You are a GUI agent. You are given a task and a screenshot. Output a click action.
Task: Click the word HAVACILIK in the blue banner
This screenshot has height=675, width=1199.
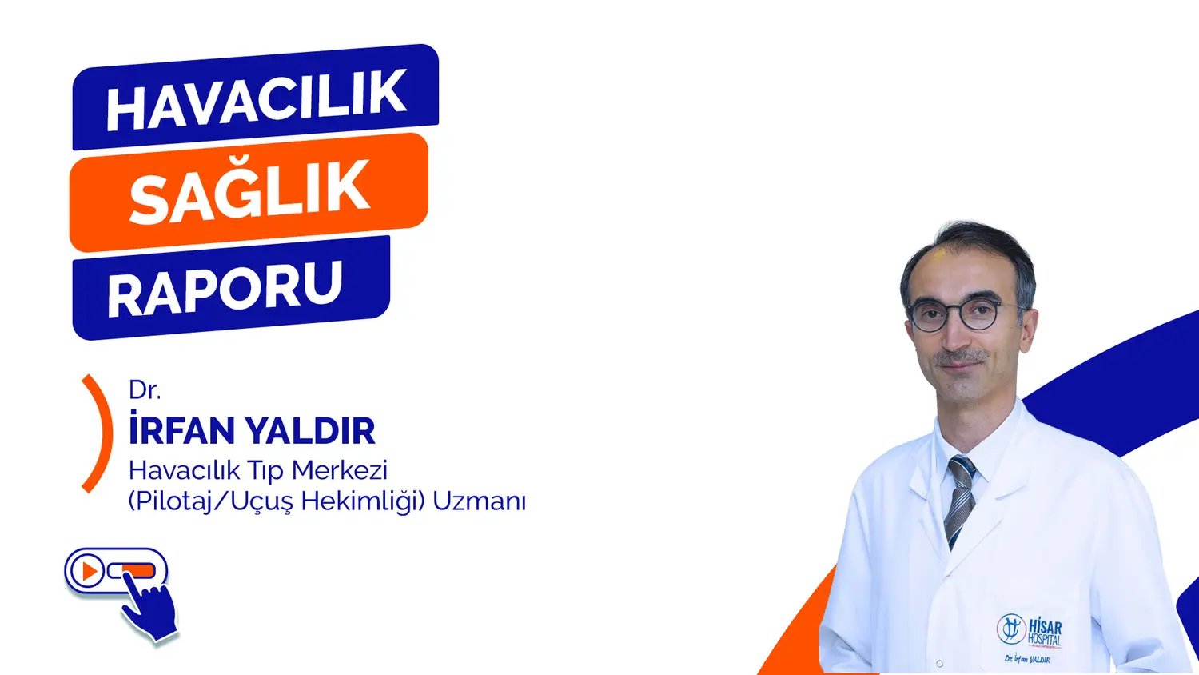coord(256,101)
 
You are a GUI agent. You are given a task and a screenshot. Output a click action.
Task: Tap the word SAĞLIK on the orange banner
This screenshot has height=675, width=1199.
coord(249,190)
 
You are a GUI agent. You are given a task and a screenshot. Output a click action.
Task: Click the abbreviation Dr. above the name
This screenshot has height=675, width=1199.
coord(145,390)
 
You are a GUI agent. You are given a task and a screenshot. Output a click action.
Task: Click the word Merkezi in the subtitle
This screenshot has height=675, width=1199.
coord(340,470)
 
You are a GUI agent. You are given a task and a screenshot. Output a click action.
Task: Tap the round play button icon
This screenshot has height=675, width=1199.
coord(86,572)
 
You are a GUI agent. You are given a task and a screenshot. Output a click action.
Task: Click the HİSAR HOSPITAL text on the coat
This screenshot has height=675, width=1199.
coord(1044,632)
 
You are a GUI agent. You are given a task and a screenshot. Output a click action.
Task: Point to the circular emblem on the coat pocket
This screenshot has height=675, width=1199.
coord(1010,629)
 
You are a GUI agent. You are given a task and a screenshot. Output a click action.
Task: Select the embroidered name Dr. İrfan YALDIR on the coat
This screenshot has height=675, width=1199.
coord(1027,660)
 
